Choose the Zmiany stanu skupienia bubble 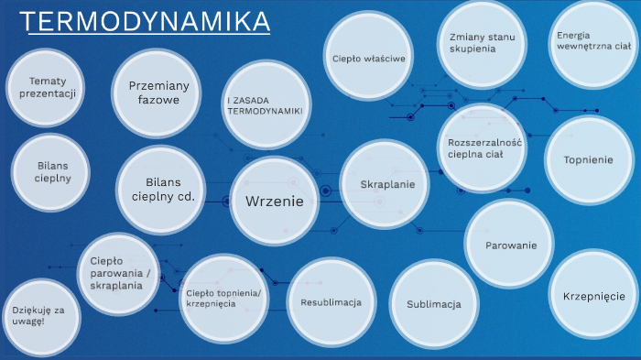[479, 43]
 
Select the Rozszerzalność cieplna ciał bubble [483, 147]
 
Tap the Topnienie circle [588, 159]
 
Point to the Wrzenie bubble [275, 201]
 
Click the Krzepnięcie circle [592, 295]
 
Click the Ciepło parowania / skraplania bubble [122, 273]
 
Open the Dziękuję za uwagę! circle [40, 316]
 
